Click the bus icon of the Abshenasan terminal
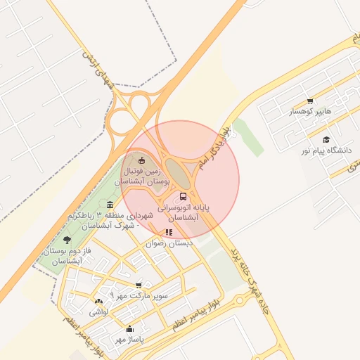[x=184, y=196]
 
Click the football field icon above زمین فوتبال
[x=143, y=160]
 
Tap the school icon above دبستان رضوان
[x=169, y=232]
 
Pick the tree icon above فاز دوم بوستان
[x=67, y=240]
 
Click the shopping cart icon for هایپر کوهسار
[x=310, y=101]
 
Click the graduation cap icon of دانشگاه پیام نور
[x=326, y=139]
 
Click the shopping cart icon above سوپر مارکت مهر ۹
[x=139, y=285]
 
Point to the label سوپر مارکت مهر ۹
[x=139, y=295]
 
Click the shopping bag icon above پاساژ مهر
[x=129, y=328]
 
